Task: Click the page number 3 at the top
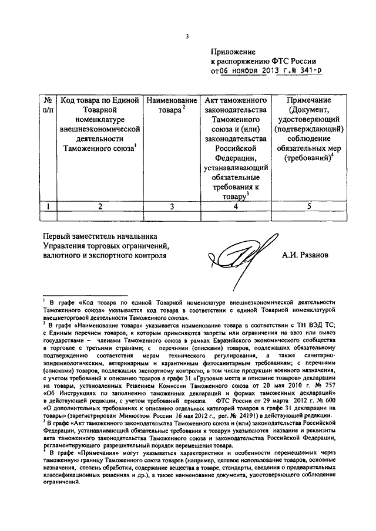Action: point(187,36)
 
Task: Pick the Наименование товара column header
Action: point(172,105)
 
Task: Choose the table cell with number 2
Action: point(100,206)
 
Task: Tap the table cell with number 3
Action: point(172,206)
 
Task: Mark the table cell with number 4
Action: point(235,206)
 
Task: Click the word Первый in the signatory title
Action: point(58,236)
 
